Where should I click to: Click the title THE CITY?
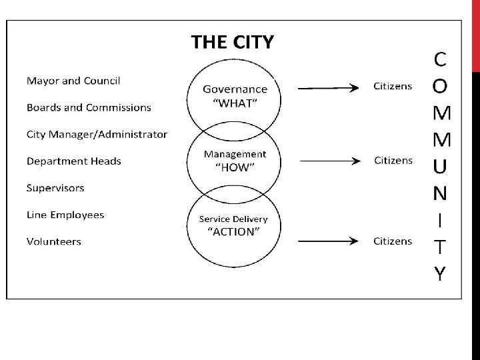(232, 43)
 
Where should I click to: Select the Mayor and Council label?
(73, 81)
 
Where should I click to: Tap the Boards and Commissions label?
(89, 107)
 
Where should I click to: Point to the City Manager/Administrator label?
(97, 134)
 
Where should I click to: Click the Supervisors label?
(55, 187)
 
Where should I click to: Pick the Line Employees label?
(65, 215)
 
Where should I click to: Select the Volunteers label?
(54, 241)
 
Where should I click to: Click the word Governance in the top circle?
(235, 89)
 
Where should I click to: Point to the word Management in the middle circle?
(235, 154)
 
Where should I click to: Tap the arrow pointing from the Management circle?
(329, 161)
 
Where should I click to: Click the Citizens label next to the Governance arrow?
(393, 86)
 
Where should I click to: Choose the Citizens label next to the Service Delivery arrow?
(393, 241)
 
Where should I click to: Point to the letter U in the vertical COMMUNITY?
(439, 166)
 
